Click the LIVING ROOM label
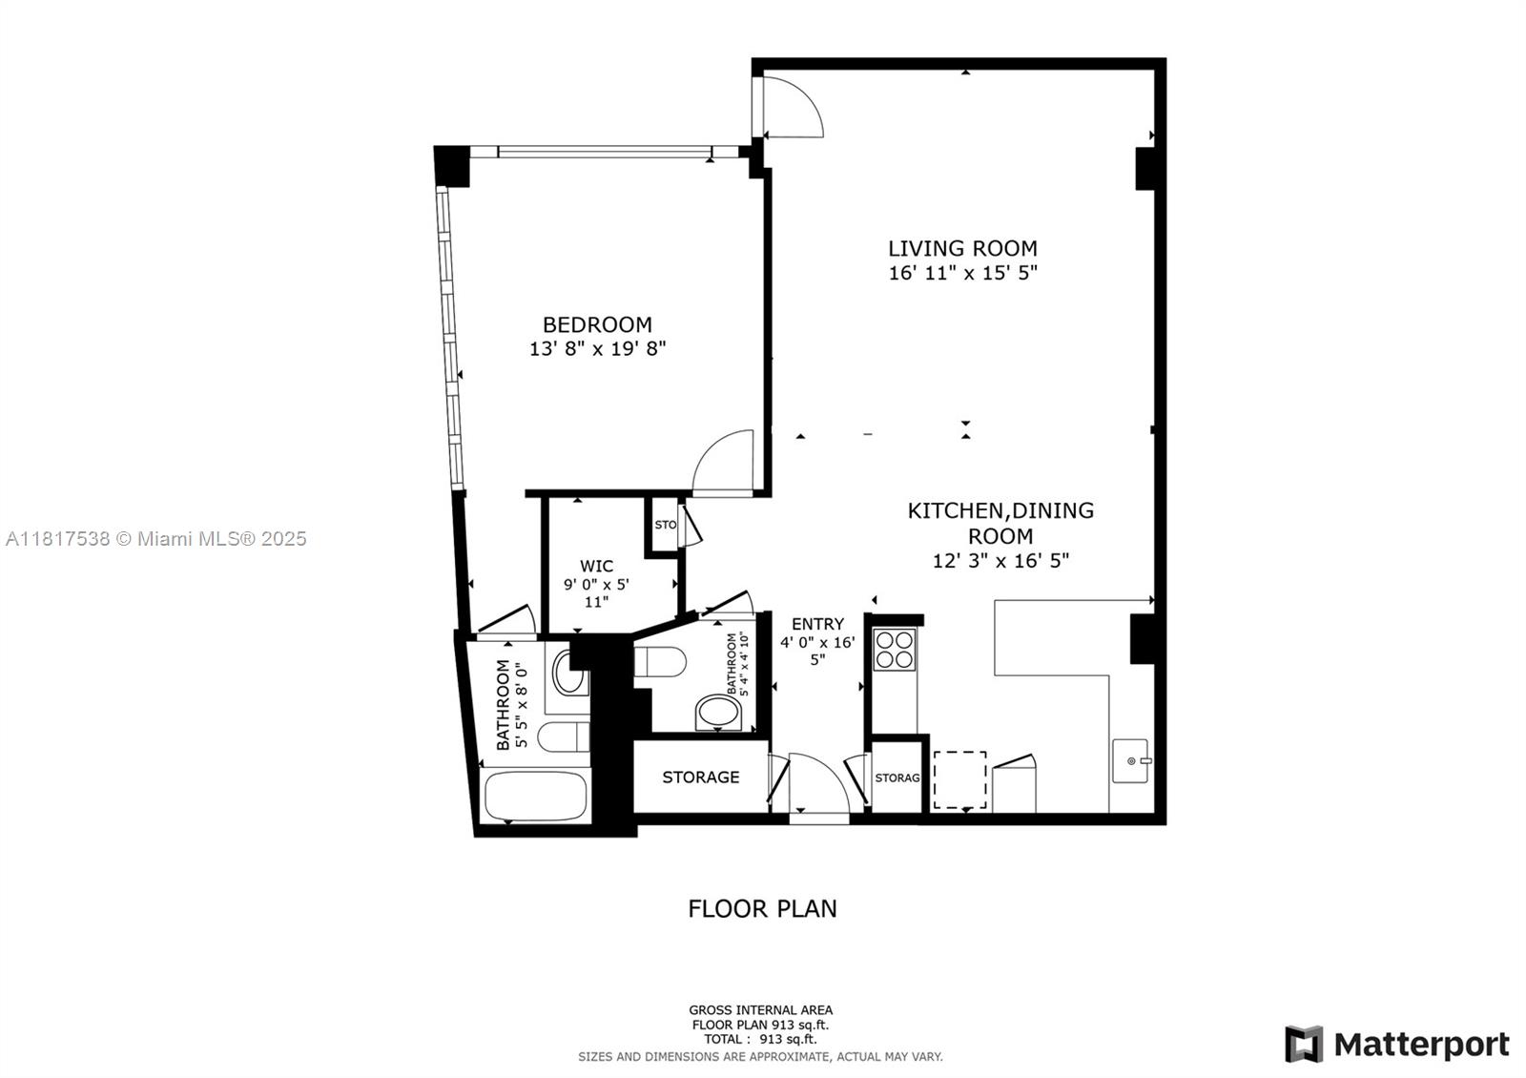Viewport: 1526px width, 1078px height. point(962,248)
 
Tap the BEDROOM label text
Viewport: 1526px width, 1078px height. point(597,324)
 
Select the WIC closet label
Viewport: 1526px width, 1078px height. point(596,566)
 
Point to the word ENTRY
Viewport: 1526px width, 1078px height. point(817,624)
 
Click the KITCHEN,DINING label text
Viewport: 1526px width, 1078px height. point(1000,510)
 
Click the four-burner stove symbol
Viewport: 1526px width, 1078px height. point(895,650)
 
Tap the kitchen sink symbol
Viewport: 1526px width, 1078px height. point(1131,760)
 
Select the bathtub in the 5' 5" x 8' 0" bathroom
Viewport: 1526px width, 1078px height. point(535,796)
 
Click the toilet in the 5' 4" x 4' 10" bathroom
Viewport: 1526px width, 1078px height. point(659,662)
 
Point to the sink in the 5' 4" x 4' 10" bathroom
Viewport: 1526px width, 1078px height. point(719,713)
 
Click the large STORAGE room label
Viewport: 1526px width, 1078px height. point(701,777)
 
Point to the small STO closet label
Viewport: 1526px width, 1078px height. point(666,525)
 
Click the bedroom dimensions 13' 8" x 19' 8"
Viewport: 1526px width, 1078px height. point(597,349)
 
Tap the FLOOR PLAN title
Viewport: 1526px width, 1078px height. point(762,908)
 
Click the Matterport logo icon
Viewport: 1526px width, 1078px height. point(1304,1044)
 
